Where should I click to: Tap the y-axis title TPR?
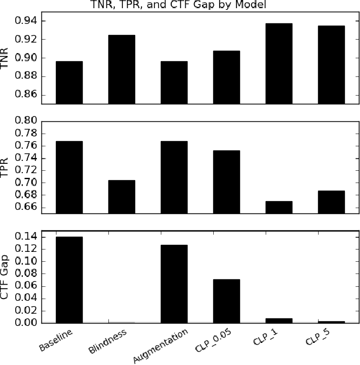pyautogui.click(x=6, y=166)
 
